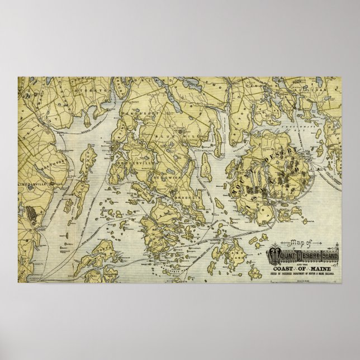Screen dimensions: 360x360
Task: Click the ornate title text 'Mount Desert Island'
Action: [307, 258]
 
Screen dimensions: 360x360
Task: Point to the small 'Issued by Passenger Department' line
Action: [305, 275]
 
